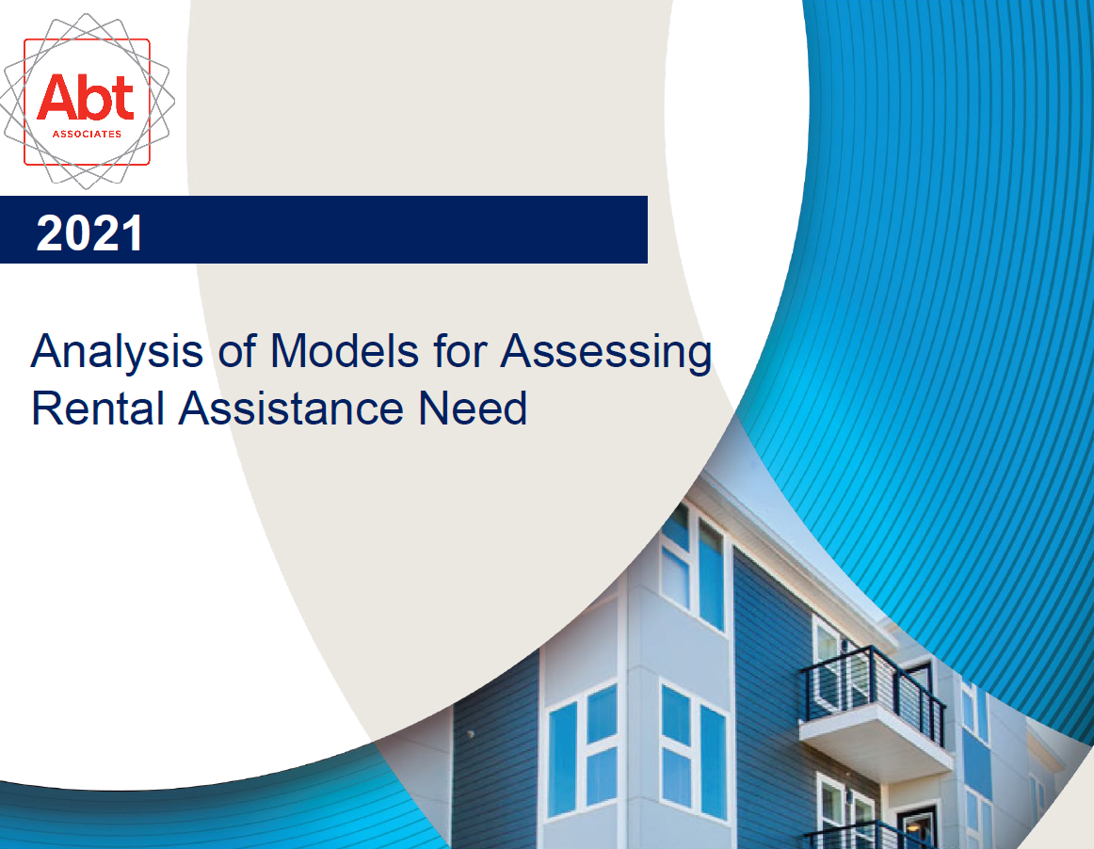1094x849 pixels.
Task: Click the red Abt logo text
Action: click(x=85, y=97)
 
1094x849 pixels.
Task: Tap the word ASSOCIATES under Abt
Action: click(x=88, y=134)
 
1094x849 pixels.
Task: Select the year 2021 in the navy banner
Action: click(x=89, y=233)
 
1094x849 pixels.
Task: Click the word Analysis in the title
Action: click(x=117, y=352)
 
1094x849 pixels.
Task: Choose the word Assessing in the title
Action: click(x=605, y=352)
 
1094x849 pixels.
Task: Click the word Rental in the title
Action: click(x=98, y=408)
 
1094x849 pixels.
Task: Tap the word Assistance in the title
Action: click(x=291, y=408)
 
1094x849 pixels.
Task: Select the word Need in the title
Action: click(x=473, y=408)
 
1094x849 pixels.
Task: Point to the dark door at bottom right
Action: click(x=917, y=827)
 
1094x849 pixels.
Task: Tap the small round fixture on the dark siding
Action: click(x=470, y=734)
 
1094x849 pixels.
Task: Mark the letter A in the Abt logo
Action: click(x=57, y=97)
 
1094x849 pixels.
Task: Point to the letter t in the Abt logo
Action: click(x=122, y=99)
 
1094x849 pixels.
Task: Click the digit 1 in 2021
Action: click(x=134, y=233)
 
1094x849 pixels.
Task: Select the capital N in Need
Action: click(x=434, y=408)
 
